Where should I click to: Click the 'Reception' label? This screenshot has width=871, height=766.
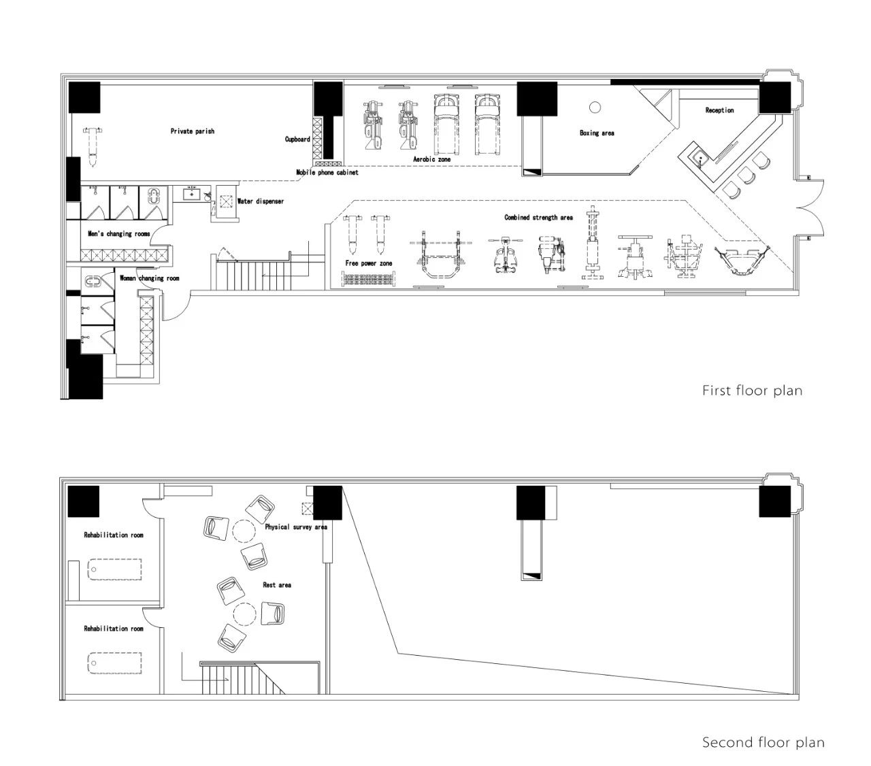pyautogui.click(x=719, y=110)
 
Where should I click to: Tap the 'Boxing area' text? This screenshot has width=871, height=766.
pyautogui.click(x=596, y=133)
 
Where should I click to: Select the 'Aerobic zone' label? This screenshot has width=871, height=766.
pyautogui.click(x=431, y=159)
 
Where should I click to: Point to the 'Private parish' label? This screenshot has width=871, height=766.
pyautogui.click(x=192, y=131)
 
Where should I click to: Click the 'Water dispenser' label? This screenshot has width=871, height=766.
pyautogui.click(x=261, y=201)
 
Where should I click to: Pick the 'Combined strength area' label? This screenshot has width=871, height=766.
pyautogui.click(x=538, y=218)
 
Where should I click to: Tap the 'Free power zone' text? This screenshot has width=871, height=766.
pyautogui.click(x=368, y=263)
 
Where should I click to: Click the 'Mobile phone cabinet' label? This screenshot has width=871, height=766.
pyautogui.click(x=327, y=172)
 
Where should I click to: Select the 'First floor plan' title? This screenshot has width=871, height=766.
pyautogui.click(x=752, y=390)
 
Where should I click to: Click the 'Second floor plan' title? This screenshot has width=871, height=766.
pyautogui.click(x=763, y=742)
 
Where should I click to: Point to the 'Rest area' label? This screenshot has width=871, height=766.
pyautogui.click(x=277, y=585)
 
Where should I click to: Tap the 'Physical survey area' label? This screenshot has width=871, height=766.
pyautogui.click(x=296, y=527)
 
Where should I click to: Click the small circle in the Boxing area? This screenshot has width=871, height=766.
pyautogui.click(x=595, y=107)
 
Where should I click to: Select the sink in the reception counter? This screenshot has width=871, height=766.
pyautogui.click(x=699, y=158)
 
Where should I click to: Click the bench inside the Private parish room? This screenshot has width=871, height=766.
pyautogui.click(x=93, y=146)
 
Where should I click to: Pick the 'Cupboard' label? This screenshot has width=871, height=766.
pyautogui.click(x=297, y=139)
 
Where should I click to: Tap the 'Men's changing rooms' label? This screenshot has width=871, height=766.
pyautogui.click(x=118, y=234)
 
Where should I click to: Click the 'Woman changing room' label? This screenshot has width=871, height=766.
pyautogui.click(x=149, y=278)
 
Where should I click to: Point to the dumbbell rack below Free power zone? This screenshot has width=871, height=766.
pyautogui.click(x=368, y=279)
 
